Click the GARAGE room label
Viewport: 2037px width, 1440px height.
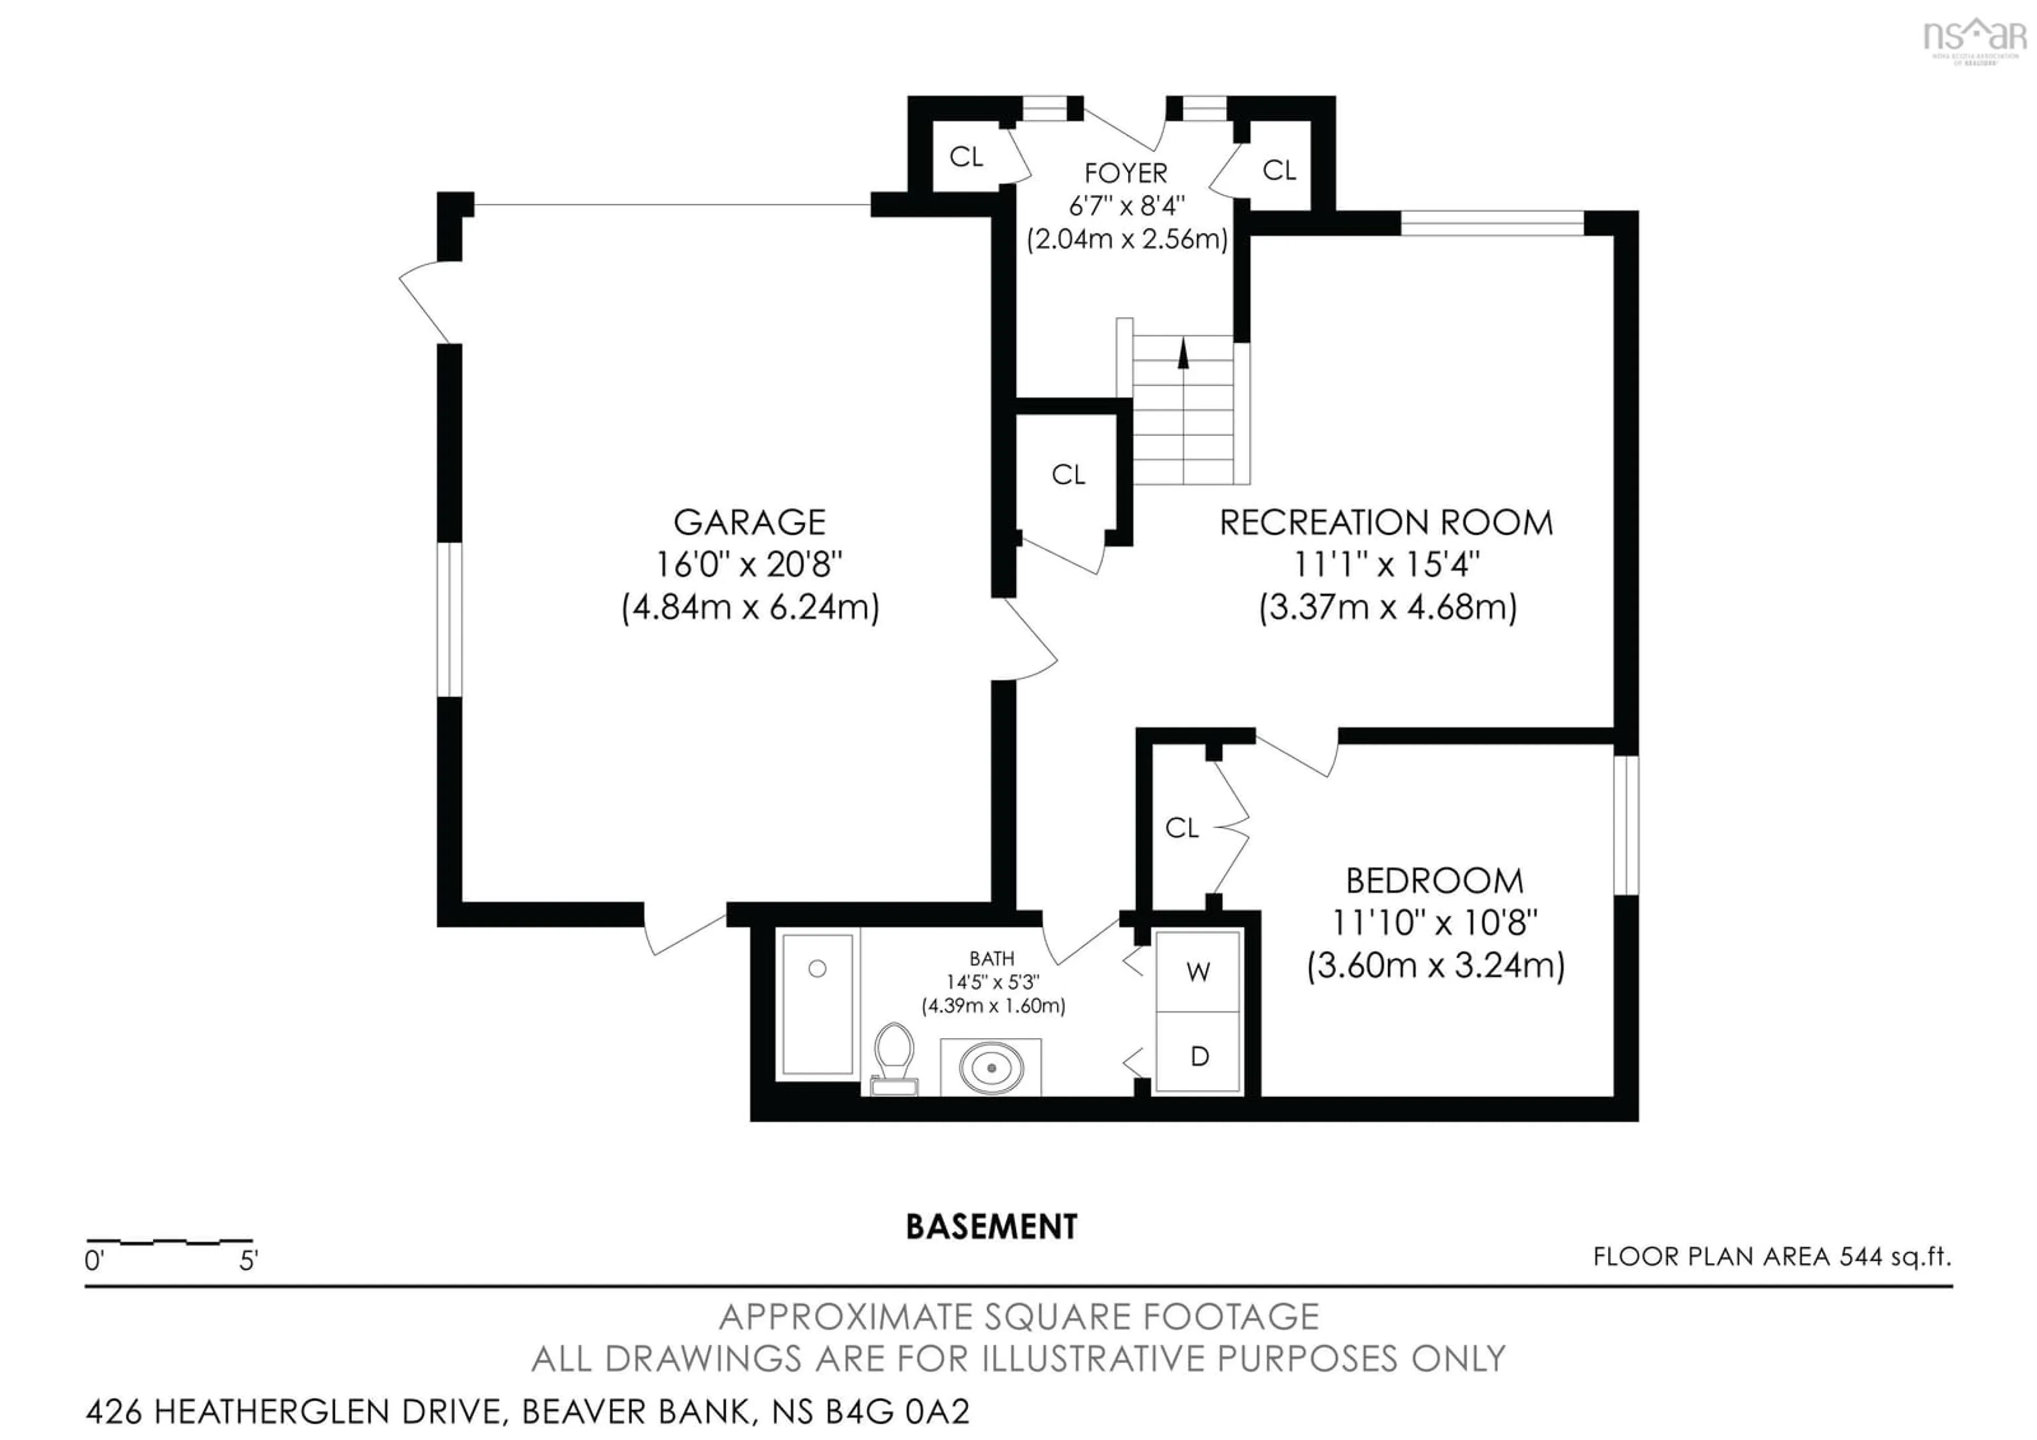750,523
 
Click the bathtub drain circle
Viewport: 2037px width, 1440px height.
817,969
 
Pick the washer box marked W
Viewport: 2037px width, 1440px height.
1198,973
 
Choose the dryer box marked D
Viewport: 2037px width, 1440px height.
1199,1056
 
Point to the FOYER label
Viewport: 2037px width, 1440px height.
1126,173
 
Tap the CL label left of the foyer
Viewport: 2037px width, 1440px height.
965,157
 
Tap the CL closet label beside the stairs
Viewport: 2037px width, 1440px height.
1068,475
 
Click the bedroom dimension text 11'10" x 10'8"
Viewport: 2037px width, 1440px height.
1434,923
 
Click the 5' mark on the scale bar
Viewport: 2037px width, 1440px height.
248,1260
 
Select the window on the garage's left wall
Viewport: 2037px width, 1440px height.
450,619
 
